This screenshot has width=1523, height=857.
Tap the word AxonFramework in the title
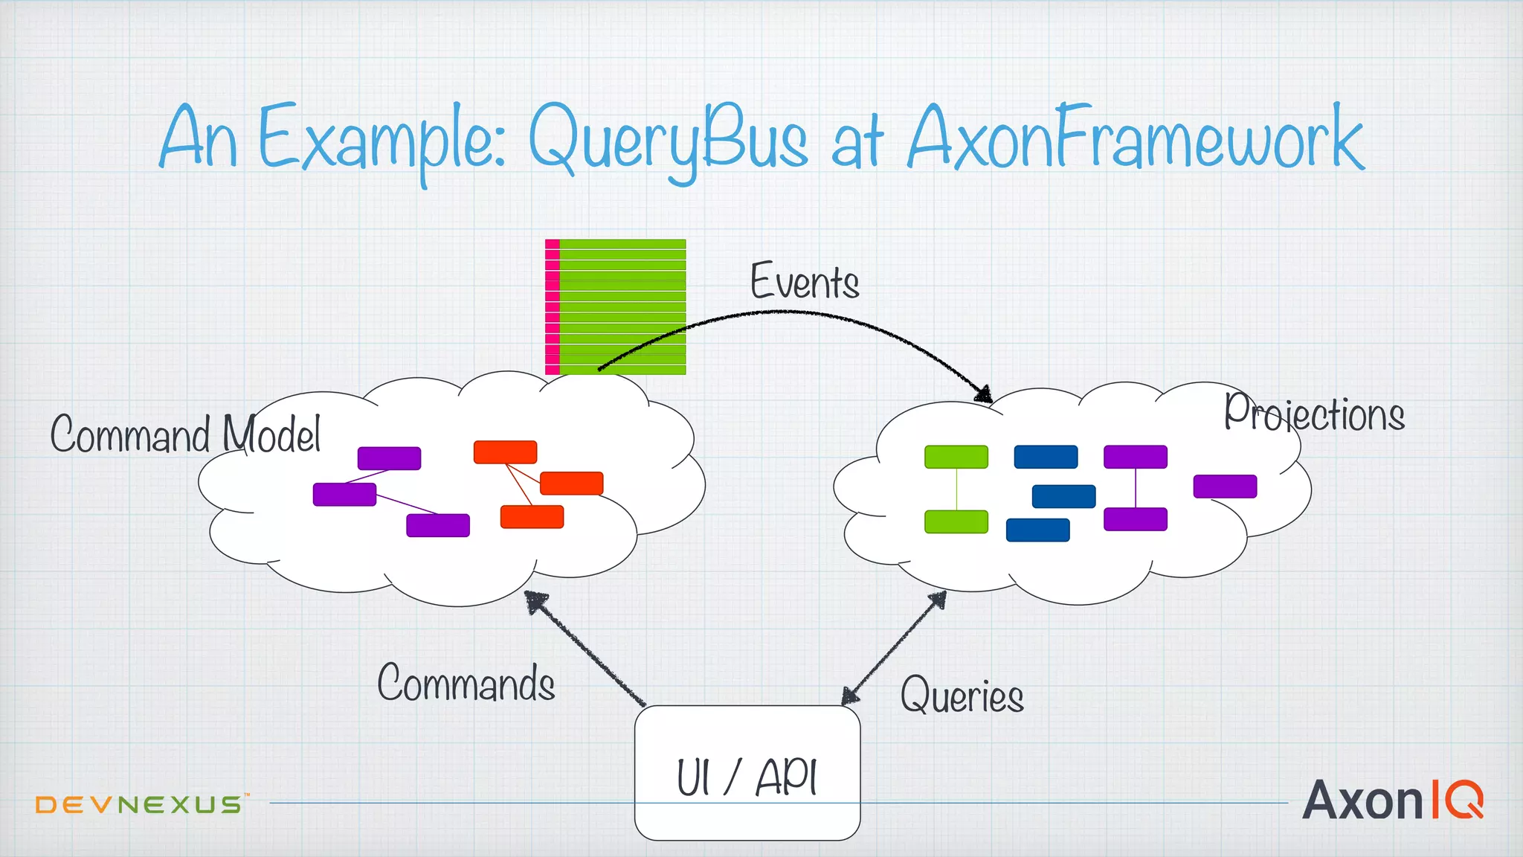1136,138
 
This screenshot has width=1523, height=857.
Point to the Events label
805,282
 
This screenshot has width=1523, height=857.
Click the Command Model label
185,434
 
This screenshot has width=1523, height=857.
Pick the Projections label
1314,414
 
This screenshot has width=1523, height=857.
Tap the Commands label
466,683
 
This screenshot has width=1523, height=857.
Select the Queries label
962,696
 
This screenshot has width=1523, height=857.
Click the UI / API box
747,773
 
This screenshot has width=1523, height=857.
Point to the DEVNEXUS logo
140,804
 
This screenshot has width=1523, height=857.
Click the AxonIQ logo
1392,800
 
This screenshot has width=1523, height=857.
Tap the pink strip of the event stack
552,306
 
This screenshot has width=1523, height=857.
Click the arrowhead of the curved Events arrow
984,395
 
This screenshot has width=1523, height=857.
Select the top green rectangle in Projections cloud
956,457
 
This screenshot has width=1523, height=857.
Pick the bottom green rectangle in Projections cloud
956,521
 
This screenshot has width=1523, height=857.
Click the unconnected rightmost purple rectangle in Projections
1225,487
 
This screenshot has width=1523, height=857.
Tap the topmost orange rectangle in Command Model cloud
505,452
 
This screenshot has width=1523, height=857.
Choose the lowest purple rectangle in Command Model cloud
438,525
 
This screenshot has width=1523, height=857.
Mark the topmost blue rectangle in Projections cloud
1046,457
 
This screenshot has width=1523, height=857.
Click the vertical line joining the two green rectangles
956,489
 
